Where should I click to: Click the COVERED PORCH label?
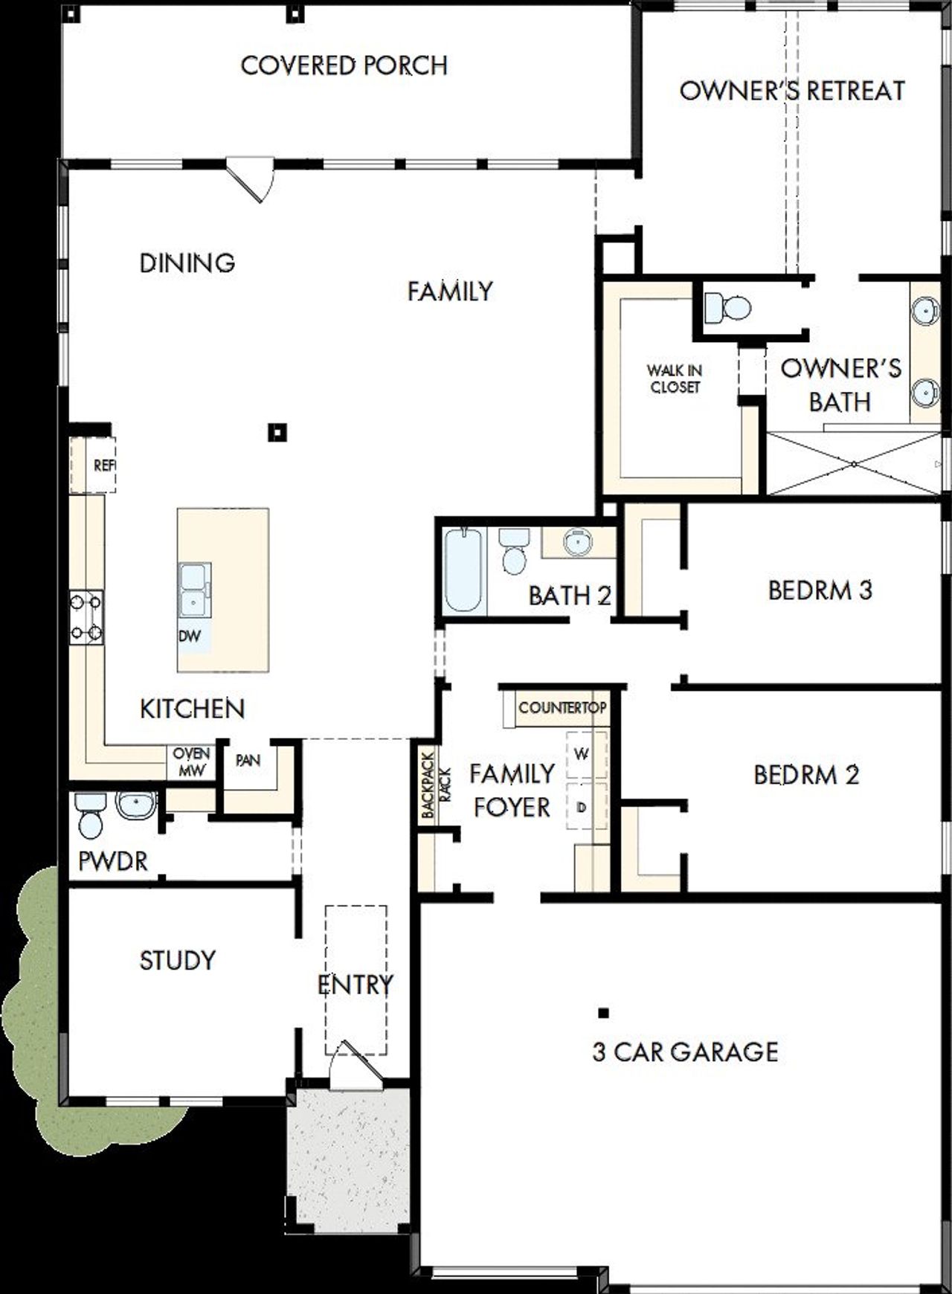tap(344, 65)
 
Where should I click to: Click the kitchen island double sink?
tap(193, 590)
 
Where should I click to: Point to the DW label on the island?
tap(189, 637)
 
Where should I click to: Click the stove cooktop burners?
tap(86, 617)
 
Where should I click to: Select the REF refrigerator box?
tap(94, 466)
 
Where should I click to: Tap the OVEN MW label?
tap(191, 762)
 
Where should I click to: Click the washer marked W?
tap(582, 754)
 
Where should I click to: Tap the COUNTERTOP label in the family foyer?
tap(562, 707)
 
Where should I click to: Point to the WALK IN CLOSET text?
tap(674, 379)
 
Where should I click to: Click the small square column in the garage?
tap(603, 1012)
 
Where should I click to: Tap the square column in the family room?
tap(277, 432)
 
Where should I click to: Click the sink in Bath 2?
tap(577, 542)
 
